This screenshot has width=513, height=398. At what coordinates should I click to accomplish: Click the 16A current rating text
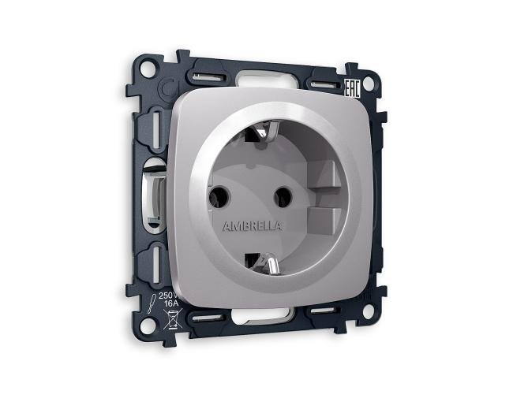pyautogui.click(x=170, y=306)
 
